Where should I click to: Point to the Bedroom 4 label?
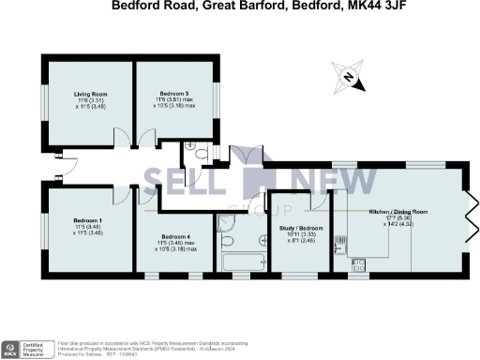tap(174, 236)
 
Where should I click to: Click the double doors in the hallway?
tap(240, 156)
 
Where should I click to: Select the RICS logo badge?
tap(10, 349)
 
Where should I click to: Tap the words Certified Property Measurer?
tap(37, 348)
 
